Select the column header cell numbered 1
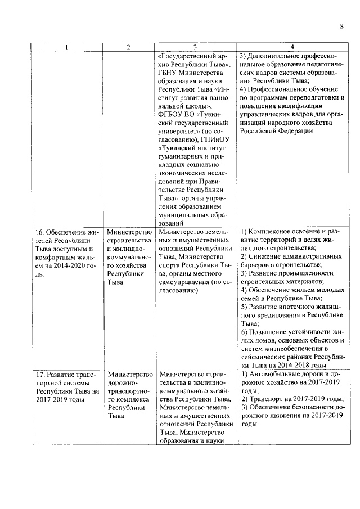(66, 47)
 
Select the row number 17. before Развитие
(39, 374)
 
